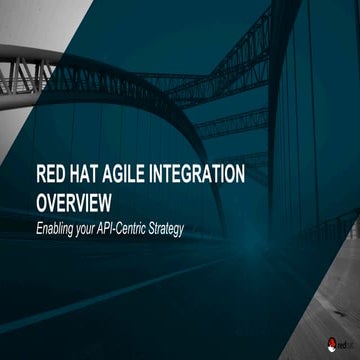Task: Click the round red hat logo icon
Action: coord(331,343)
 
